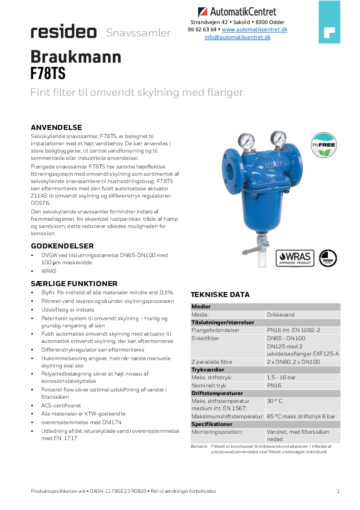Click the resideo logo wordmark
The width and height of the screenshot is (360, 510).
[64, 32]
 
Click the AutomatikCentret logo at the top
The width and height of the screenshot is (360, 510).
[237, 12]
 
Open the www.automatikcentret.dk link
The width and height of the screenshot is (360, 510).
[254, 30]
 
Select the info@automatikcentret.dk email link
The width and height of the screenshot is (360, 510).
[237, 37]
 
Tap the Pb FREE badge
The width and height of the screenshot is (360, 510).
[323, 145]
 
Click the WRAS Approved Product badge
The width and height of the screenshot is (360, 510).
[295, 258]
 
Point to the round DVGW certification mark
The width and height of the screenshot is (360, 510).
[328, 258]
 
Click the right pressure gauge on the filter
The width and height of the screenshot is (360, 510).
[278, 138]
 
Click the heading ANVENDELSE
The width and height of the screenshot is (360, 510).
[56, 127]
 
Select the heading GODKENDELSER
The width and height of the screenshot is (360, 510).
[62, 246]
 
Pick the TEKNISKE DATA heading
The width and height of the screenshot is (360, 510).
[220, 294]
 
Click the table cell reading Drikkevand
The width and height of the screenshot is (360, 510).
[281, 315]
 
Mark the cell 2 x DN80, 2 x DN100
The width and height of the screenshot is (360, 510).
[293, 362]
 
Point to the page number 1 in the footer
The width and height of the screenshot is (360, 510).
[338, 491]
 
